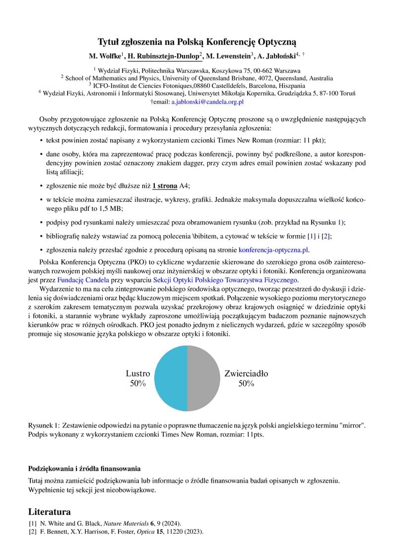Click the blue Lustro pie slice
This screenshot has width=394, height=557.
point(171,378)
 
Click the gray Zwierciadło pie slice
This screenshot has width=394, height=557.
point(204,378)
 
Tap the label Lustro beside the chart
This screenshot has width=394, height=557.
point(138,373)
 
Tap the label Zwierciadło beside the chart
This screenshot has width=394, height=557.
point(246,373)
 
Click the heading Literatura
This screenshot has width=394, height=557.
point(50,511)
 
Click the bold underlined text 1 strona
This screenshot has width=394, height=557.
point(165,186)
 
